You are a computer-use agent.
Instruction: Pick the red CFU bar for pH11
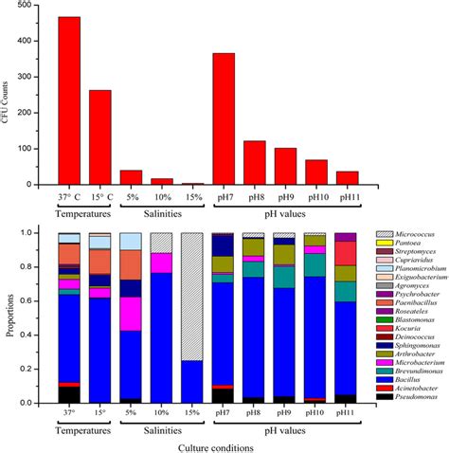click(347, 178)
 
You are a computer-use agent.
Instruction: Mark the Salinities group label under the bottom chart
click(162, 426)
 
